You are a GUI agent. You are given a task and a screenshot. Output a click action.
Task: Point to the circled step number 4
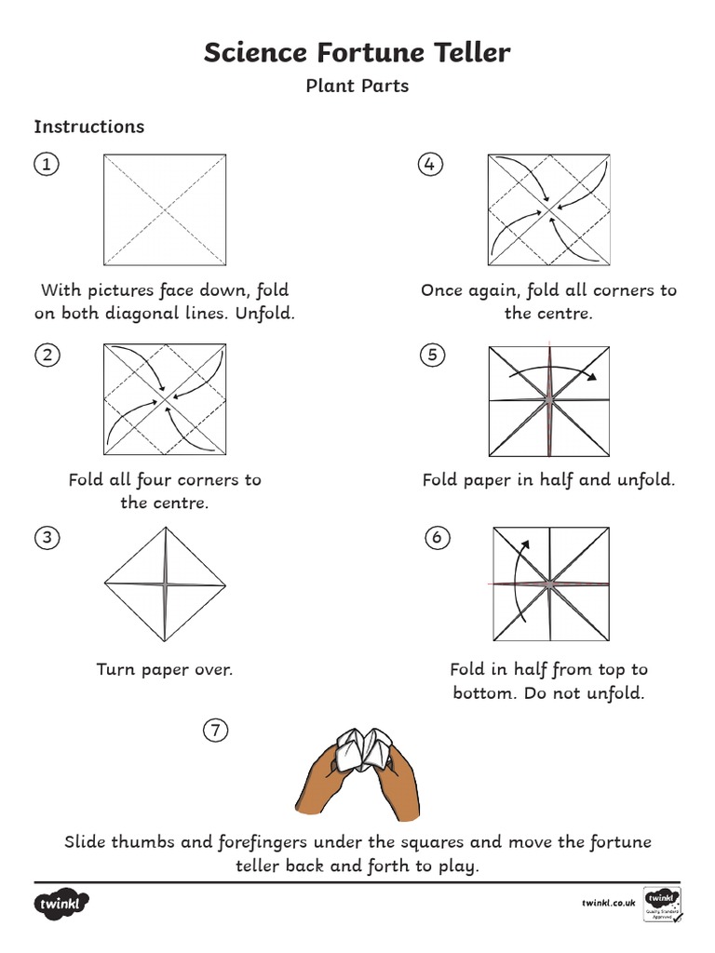coord(429,165)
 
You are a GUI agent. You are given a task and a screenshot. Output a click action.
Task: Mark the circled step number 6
coord(436,537)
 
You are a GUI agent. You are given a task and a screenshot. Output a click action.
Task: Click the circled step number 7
coord(215,731)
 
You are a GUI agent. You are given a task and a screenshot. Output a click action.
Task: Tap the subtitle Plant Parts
coord(357,87)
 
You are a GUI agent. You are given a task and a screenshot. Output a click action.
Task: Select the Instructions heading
coord(89,127)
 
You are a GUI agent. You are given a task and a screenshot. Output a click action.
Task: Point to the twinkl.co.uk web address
coord(608,903)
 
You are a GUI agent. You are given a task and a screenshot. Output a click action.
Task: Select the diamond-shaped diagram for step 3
coord(165,584)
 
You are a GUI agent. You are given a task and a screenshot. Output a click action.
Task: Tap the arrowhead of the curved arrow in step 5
coord(592,377)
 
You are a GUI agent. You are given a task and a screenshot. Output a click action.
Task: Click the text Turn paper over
coord(165,669)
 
